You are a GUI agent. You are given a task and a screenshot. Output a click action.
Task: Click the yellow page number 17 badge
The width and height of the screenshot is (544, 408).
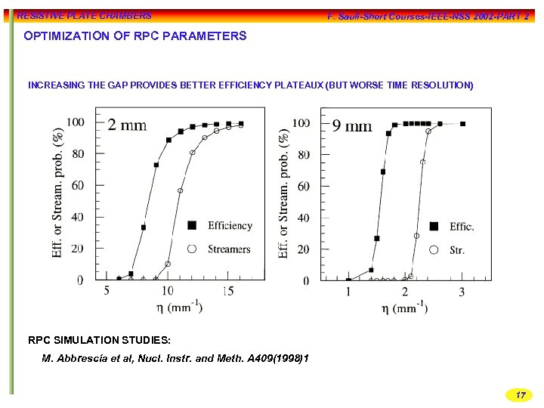point(519,395)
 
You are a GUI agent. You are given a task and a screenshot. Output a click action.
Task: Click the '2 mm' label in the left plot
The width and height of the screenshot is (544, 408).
point(127,125)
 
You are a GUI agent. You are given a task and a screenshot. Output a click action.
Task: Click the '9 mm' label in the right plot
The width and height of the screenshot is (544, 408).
point(352,125)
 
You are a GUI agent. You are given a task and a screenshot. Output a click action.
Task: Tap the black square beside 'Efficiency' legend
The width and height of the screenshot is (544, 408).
point(192,225)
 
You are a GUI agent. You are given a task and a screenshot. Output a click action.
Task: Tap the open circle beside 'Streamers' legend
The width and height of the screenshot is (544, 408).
point(192,249)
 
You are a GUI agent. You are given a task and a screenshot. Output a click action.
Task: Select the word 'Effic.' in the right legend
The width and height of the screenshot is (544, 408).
point(462,227)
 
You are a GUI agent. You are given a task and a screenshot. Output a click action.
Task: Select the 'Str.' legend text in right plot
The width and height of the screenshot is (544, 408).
point(457,250)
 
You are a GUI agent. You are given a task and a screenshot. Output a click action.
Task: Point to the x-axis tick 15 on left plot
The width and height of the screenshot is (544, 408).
point(228,291)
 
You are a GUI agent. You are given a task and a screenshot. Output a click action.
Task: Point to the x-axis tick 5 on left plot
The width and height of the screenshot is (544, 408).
point(106,291)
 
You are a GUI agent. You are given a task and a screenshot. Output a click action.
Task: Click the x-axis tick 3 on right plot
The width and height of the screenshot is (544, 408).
point(462,292)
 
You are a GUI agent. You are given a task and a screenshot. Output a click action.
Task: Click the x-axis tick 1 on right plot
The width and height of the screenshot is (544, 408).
point(348,292)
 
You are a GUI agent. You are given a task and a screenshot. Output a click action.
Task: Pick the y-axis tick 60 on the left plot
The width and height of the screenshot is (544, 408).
point(76,185)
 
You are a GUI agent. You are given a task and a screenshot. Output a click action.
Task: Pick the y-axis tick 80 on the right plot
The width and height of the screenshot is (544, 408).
point(302,155)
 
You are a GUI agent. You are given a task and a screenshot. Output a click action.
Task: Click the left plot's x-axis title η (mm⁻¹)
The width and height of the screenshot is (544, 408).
point(179,308)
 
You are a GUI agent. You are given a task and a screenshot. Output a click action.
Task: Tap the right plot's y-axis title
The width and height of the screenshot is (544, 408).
point(285,193)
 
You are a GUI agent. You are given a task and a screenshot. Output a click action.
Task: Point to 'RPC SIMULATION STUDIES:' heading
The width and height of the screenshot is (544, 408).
point(99,340)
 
